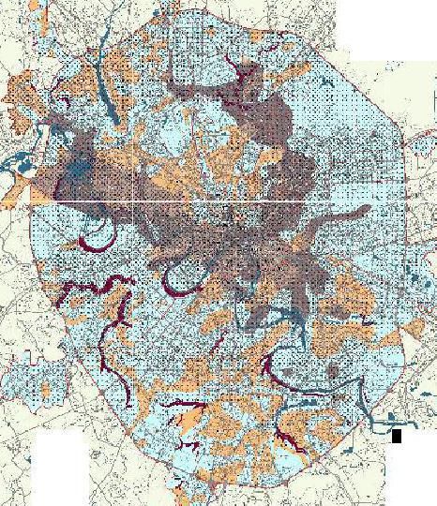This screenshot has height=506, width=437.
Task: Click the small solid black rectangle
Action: (397, 436)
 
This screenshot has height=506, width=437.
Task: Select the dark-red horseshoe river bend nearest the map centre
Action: (178, 277)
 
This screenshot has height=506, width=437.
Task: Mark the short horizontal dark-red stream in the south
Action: (183, 405)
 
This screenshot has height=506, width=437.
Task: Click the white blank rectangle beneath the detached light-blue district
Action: (60, 463)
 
